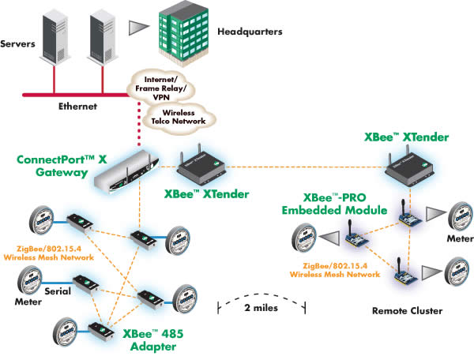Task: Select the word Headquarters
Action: click(250, 33)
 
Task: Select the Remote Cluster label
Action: click(407, 311)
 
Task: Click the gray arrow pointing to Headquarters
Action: click(139, 26)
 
